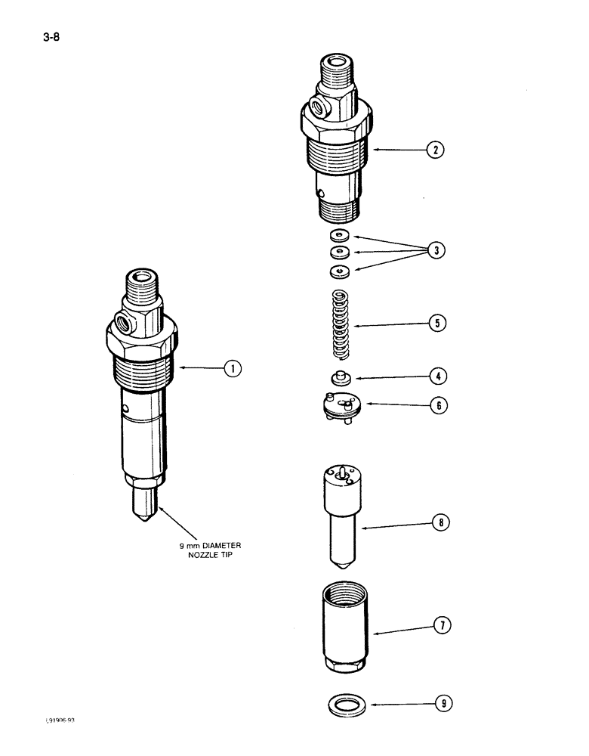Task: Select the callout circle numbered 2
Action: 434,149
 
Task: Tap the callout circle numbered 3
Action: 434,251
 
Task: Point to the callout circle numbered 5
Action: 436,324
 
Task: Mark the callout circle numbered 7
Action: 442,624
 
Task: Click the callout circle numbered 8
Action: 441,521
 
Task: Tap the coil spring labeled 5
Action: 344,324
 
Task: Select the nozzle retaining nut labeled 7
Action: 344,624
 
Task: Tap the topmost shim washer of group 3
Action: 339,235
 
